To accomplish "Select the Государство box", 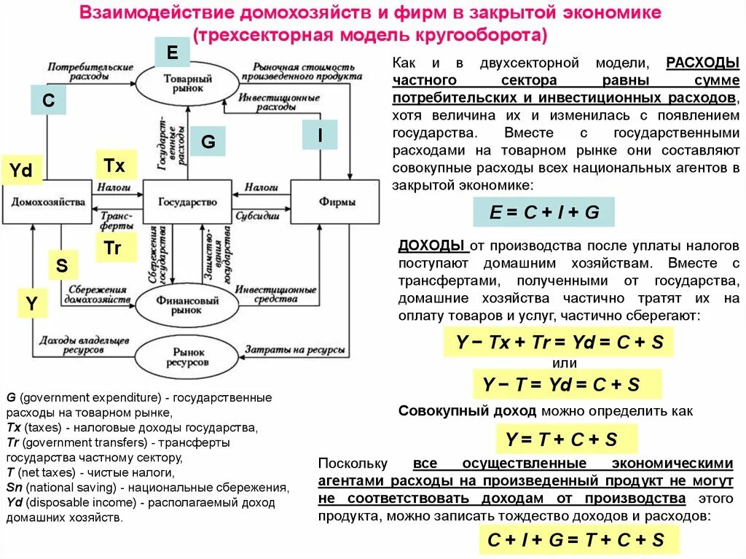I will (x=187, y=202).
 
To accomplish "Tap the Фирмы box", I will (x=335, y=202).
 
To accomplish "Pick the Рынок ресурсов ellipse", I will (x=187, y=356).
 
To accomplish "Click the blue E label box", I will (x=172, y=52).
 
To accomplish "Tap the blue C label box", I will (x=49, y=100).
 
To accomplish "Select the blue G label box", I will (x=208, y=141).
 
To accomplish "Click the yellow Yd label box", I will (x=21, y=171).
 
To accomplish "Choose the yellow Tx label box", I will (x=114, y=165).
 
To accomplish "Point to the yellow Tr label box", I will (x=112, y=248).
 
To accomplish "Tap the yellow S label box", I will (x=62, y=266).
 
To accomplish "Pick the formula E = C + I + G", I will (x=543, y=212).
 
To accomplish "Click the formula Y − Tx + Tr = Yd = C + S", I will (x=559, y=343).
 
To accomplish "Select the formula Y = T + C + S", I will (x=561, y=439).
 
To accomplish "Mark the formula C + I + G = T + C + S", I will (x=576, y=539).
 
